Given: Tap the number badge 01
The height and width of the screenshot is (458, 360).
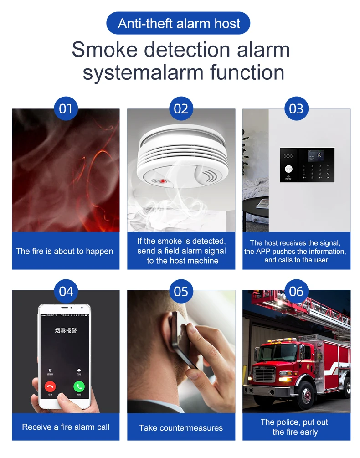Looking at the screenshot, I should pos(66,109).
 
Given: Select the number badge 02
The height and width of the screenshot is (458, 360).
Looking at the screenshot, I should pos(181,109).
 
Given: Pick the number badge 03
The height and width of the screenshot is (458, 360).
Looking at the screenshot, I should pos(296,109).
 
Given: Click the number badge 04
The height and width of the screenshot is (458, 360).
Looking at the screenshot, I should pos(66,291).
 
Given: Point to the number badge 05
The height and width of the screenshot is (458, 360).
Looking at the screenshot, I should pos(181,291).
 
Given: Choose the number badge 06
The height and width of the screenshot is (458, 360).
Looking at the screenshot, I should pos(296,291).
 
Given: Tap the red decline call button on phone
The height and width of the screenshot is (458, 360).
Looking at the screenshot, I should pos(50,386).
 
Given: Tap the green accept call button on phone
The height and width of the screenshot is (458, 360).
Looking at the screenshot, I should pos(79,386).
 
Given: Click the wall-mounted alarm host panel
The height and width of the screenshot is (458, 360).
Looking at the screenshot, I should pos(307,165).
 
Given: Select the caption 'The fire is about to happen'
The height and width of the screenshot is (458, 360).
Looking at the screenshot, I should pos(65,251).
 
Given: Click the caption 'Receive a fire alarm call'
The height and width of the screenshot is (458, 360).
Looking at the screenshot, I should pos(66,427).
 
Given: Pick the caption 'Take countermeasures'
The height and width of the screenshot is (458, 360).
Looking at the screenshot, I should pos(181,428).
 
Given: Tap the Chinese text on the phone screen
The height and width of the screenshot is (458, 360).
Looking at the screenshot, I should pos(66,330).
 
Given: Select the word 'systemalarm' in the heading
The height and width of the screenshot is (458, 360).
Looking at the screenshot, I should pos(143,73).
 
